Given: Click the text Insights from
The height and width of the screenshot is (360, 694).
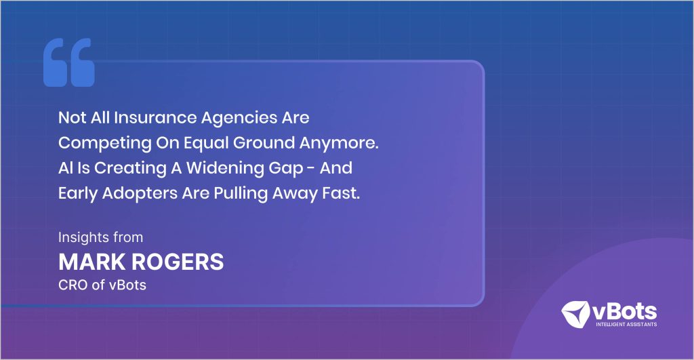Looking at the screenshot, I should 100,238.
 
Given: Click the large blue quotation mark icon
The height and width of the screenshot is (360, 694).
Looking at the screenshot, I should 68,62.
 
